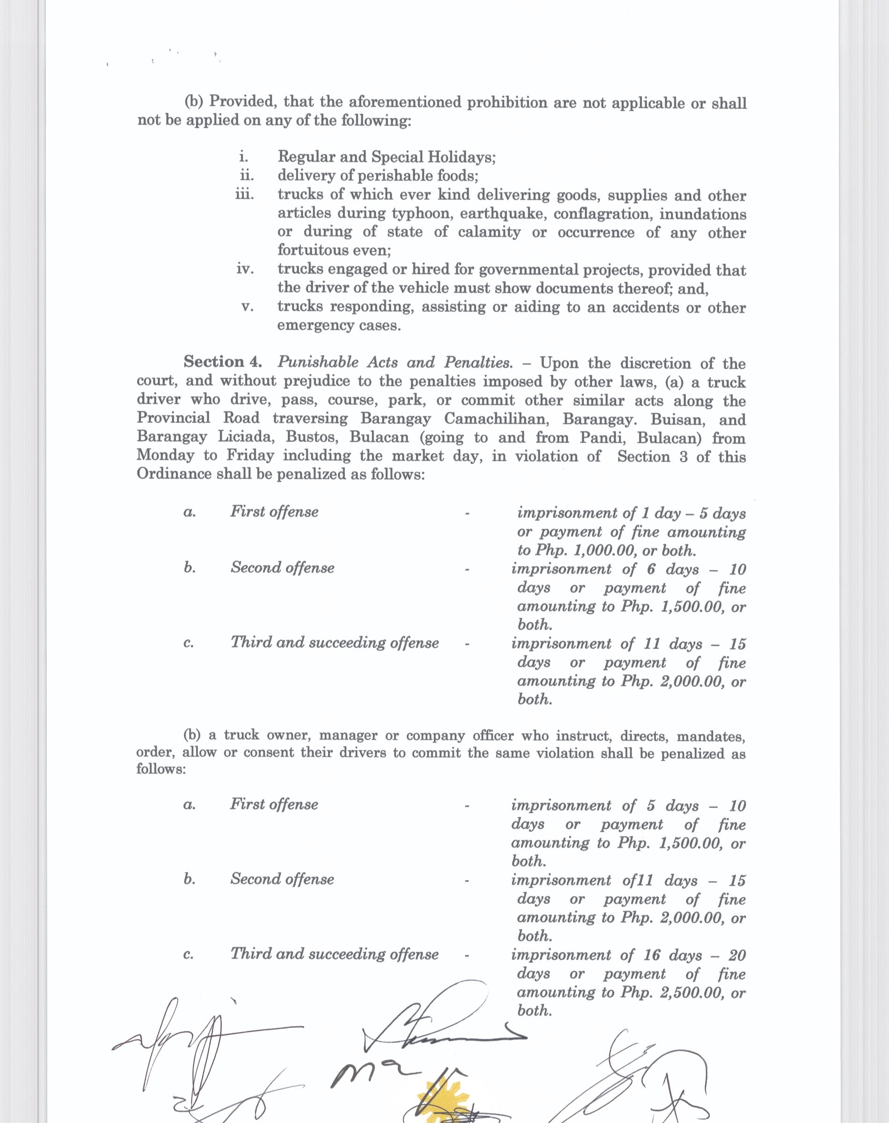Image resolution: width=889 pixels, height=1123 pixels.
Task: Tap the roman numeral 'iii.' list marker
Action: (x=244, y=195)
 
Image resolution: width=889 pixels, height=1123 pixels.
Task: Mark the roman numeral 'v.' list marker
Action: (x=247, y=307)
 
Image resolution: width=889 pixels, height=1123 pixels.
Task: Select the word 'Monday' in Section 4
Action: (x=166, y=456)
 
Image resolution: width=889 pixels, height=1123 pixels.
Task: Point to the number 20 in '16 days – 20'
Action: (x=736, y=955)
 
